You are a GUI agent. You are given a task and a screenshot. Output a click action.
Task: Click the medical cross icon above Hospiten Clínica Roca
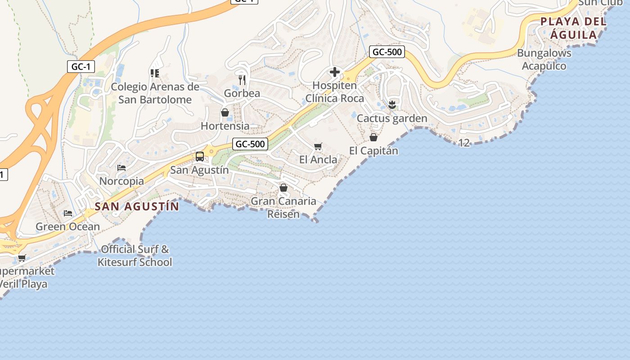(334, 72)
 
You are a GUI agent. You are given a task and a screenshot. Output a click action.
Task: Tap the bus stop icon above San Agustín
(200, 157)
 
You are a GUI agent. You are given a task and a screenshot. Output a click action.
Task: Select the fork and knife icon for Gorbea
(242, 80)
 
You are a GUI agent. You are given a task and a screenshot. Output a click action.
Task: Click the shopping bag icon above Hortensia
(225, 112)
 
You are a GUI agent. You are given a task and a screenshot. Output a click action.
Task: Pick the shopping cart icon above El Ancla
(318, 146)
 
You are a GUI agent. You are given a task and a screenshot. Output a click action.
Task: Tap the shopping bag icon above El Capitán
(373, 137)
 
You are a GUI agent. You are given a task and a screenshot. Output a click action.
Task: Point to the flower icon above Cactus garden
(392, 105)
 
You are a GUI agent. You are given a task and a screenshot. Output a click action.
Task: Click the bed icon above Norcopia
(121, 168)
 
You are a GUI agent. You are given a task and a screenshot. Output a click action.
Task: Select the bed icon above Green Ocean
(68, 213)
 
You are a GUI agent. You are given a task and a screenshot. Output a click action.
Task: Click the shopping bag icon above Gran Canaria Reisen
(283, 188)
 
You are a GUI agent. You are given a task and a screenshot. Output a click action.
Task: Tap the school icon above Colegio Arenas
(155, 73)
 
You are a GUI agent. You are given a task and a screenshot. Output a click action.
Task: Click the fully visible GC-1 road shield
(81, 67)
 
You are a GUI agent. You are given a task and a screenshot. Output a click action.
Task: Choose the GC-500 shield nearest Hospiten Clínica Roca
(387, 52)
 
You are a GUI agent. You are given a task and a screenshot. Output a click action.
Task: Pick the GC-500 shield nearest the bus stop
(251, 144)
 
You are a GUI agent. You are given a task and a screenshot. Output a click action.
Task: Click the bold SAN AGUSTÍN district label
(137, 207)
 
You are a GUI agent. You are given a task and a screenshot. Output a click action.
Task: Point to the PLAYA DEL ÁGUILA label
(573, 28)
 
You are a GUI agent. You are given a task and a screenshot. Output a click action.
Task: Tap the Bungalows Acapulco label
(544, 59)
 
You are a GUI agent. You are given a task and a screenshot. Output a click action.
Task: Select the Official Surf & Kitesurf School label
(135, 256)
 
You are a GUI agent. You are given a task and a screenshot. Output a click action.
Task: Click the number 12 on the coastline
(464, 143)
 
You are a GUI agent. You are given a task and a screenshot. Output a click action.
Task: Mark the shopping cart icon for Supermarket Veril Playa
(22, 258)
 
